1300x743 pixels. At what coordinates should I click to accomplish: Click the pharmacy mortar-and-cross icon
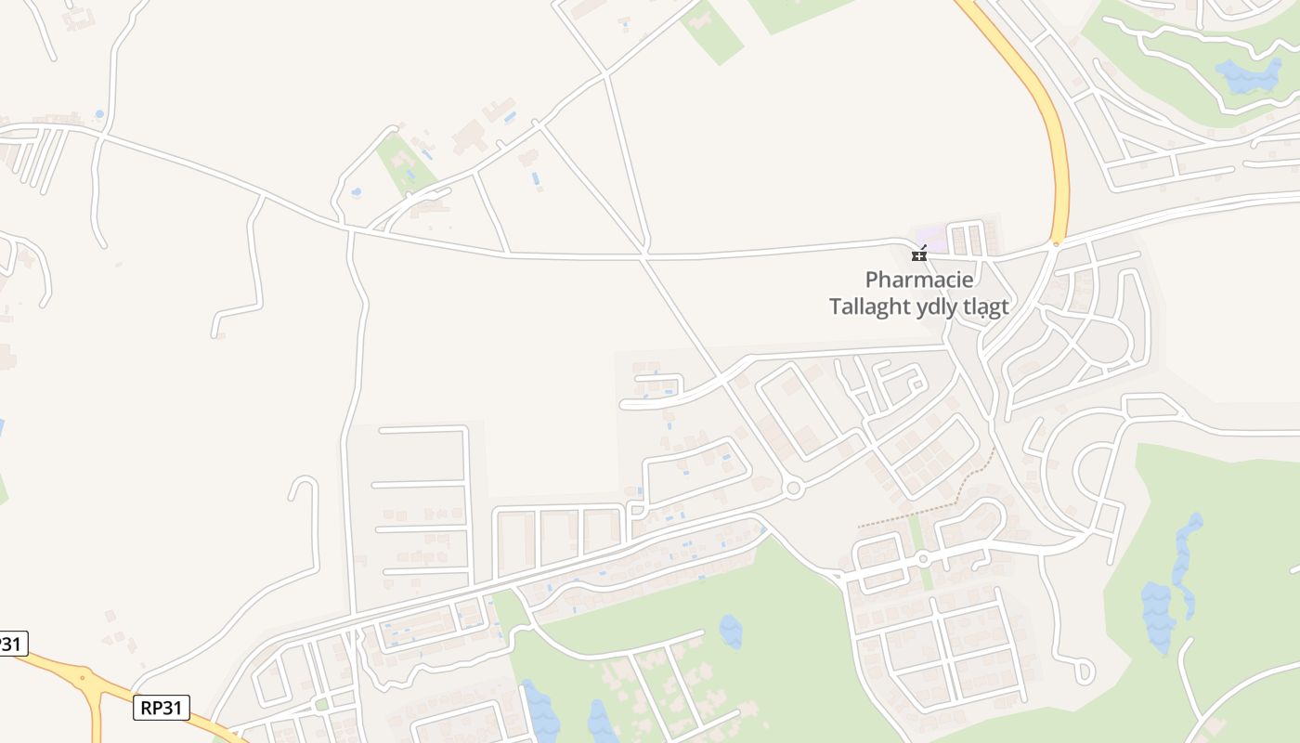click(919, 254)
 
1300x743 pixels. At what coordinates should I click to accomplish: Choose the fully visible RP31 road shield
click(162, 708)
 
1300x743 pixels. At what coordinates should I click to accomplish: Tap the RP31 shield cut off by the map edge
click(12, 643)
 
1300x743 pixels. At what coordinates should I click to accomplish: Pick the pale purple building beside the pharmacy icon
click(931, 236)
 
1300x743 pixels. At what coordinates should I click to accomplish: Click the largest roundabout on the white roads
click(792, 489)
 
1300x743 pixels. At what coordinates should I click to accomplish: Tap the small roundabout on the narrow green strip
click(922, 559)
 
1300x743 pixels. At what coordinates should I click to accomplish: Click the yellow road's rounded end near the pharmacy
click(1056, 243)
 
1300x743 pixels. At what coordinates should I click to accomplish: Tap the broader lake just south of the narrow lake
click(1158, 615)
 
